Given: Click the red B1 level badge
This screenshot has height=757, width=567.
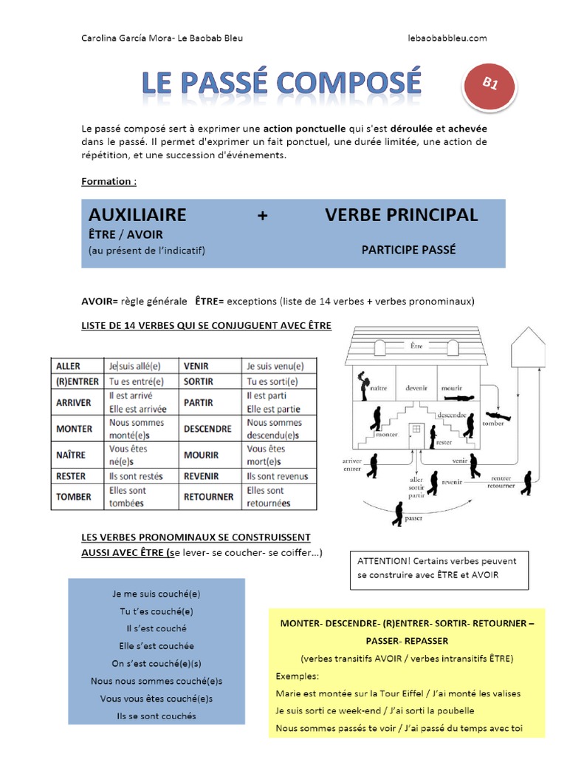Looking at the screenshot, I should [489, 85].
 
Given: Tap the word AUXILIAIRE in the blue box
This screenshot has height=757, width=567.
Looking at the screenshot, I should [137, 215].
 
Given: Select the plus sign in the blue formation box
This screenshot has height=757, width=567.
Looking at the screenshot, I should [262, 216].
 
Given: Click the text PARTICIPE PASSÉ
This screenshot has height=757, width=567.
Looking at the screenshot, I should [408, 250].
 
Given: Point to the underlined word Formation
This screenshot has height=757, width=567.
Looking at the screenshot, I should [109, 181].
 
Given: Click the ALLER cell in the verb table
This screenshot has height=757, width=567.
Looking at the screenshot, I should [68, 366].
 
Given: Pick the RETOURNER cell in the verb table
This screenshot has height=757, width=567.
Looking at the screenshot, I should [209, 497].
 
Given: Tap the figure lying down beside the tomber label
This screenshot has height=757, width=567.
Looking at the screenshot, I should [498, 415].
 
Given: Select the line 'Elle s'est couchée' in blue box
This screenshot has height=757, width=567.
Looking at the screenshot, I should [156, 645].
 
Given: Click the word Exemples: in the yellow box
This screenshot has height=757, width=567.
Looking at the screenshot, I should [298, 676].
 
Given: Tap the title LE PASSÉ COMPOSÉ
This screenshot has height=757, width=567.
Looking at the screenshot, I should [282, 84].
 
